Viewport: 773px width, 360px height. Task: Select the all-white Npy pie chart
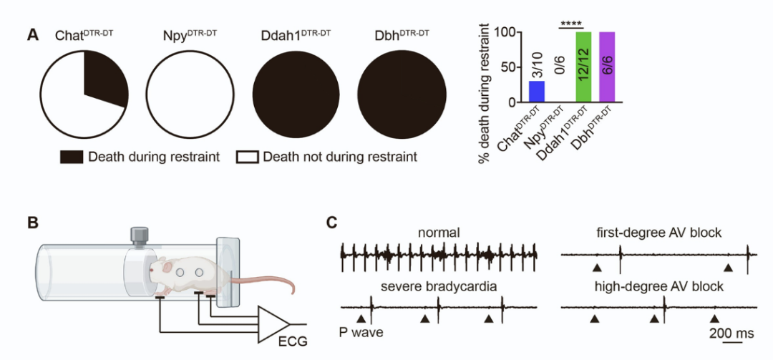(189, 94)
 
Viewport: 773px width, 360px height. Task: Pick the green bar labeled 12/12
(583, 67)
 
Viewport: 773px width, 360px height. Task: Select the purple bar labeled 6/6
(606, 67)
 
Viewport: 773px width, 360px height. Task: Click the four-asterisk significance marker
(571, 24)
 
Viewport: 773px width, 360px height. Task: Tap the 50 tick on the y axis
(512, 67)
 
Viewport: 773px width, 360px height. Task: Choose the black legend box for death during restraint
(72, 157)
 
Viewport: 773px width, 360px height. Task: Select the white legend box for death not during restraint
(248, 157)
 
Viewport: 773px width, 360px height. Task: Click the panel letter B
(32, 223)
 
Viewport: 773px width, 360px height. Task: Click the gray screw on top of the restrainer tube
(139, 235)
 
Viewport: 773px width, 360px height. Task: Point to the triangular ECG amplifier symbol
(273, 324)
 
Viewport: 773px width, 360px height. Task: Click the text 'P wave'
(361, 333)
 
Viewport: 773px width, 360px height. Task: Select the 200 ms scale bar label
(731, 333)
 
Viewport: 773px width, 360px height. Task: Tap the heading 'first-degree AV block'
(658, 233)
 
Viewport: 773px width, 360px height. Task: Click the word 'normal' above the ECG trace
(438, 233)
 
